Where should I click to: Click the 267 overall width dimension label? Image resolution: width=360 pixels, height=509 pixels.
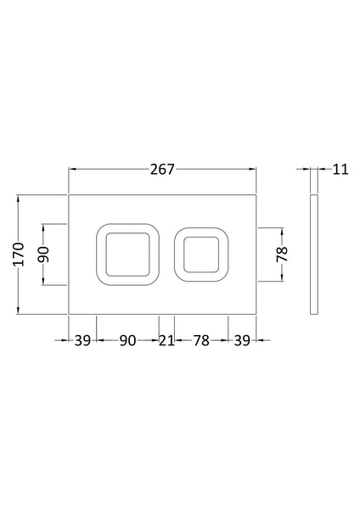(161, 169)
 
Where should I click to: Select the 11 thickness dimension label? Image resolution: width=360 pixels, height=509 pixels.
(340, 169)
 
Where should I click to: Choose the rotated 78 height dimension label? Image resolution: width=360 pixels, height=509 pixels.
(282, 255)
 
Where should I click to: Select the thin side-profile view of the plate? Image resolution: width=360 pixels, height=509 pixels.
(315, 254)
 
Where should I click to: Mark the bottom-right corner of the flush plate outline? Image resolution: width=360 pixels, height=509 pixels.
(257, 313)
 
